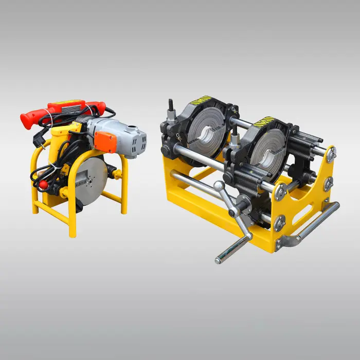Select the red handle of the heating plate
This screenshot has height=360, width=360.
point(31,118)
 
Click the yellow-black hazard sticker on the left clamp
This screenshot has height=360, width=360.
point(204,99)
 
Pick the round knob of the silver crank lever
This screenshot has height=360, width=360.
point(219,187)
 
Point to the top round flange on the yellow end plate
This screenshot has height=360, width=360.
point(330,153)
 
